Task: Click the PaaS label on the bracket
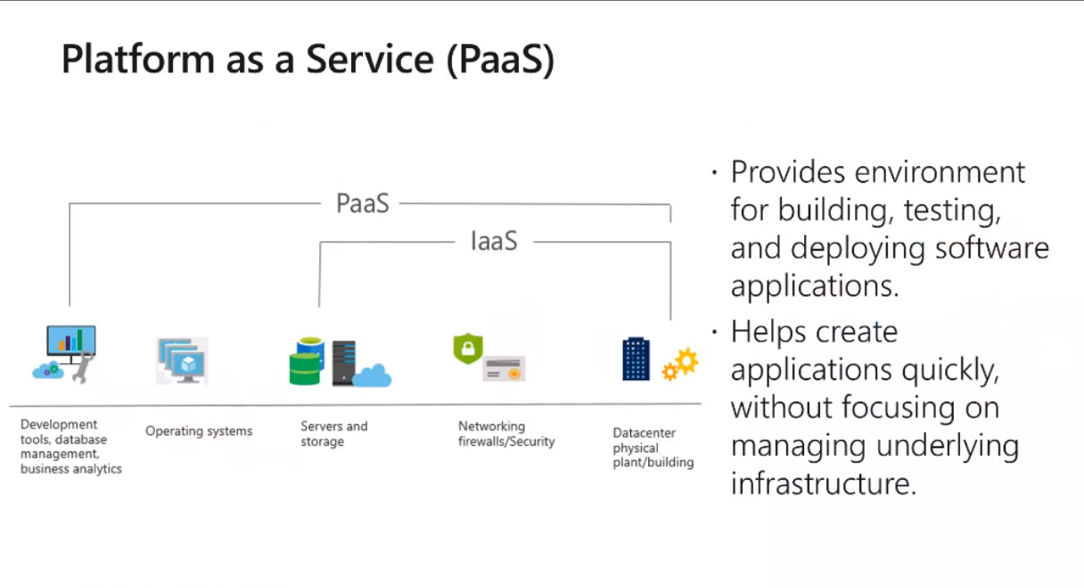click(x=363, y=203)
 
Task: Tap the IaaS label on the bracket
click(x=494, y=241)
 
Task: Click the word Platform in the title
click(x=138, y=59)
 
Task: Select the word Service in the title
click(x=370, y=59)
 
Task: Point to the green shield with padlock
click(x=468, y=348)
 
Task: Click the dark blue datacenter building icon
click(x=636, y=359)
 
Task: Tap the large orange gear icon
click(x=686, y=360)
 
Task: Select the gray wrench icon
click(x=83, y=368)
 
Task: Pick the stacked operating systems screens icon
click(x=183, y=360)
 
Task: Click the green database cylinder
click(x=304, y=369)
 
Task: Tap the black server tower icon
click(x=344, y=363)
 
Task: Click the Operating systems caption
click(x=199, y=431)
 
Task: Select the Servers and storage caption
click(x=334, y=434)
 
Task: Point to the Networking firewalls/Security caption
click(x=506, y=434)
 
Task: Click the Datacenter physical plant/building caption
click(x=653, y=448)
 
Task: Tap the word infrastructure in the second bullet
click(x=824, y=483)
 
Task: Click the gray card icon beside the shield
click(x=504, y=369)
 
